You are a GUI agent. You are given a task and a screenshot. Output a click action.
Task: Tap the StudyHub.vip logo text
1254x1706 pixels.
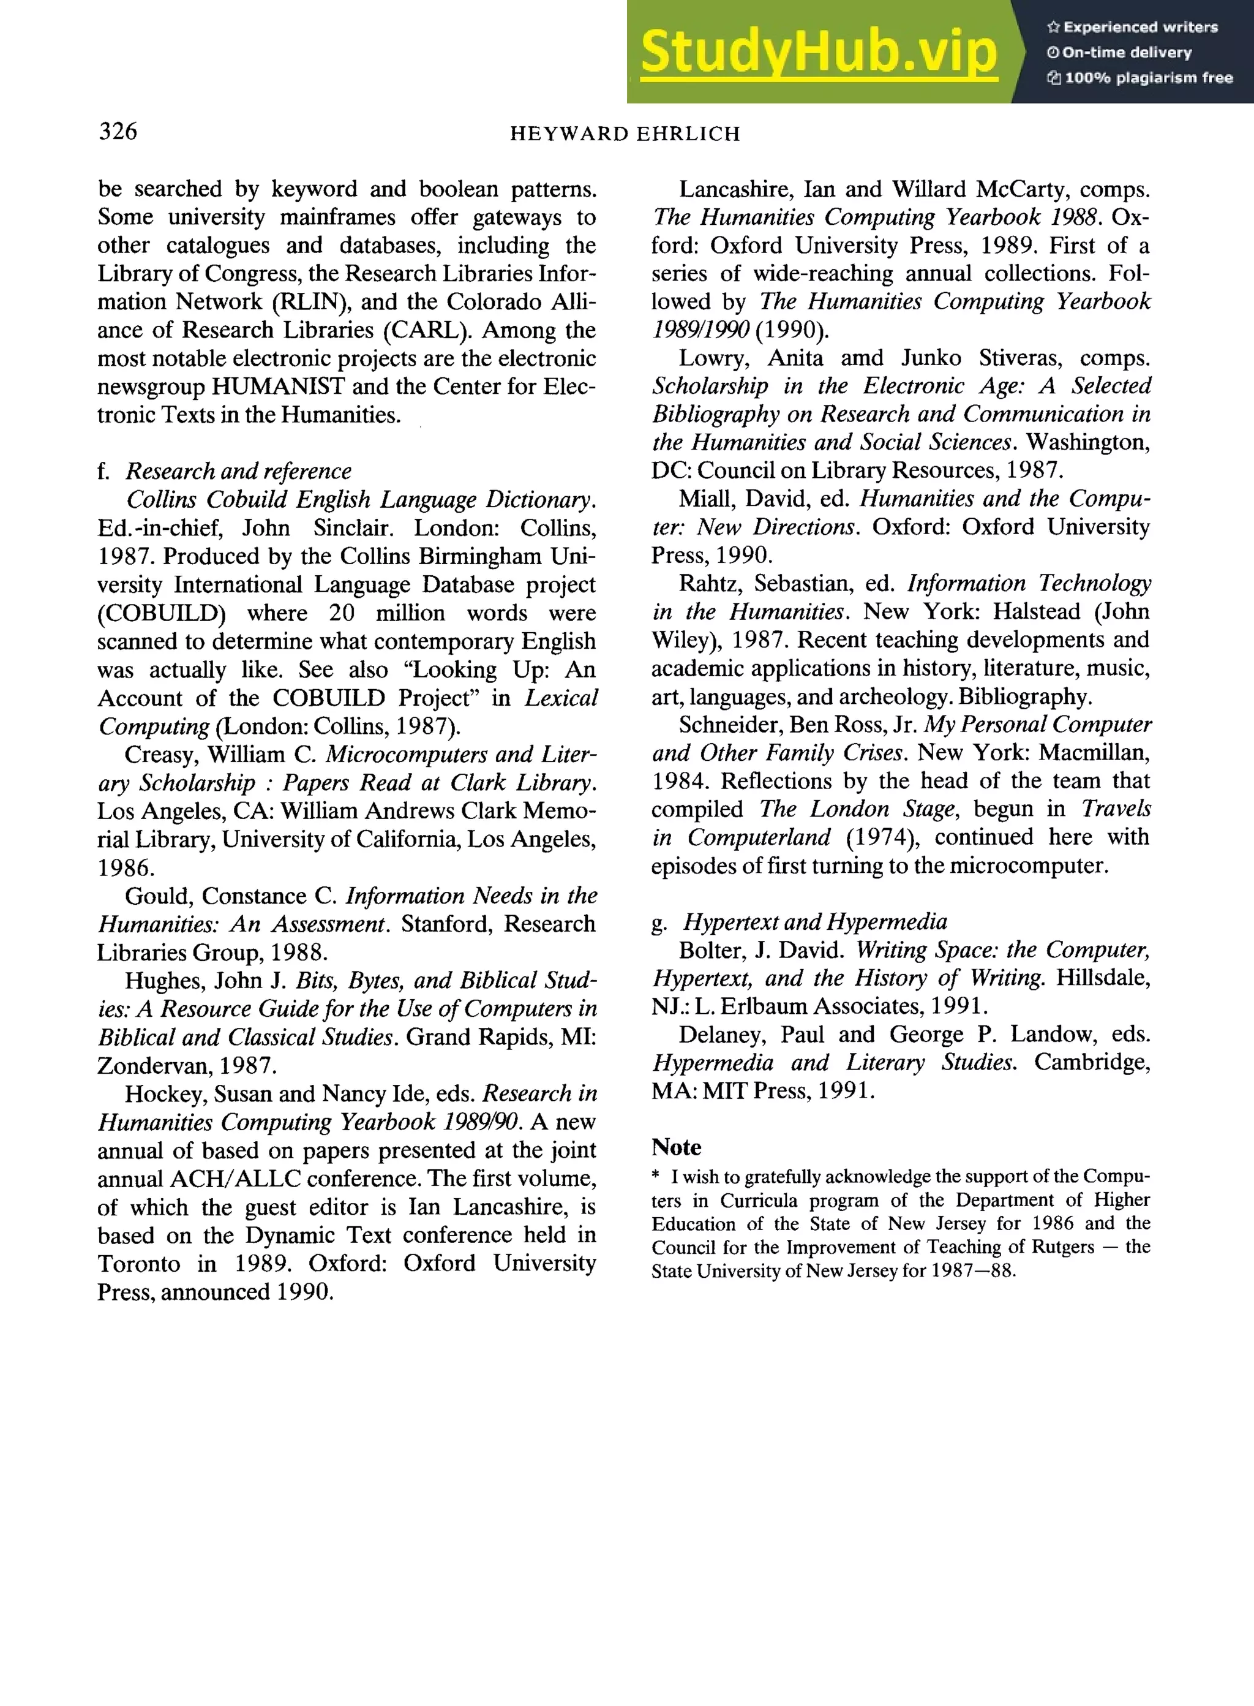coord(818,51)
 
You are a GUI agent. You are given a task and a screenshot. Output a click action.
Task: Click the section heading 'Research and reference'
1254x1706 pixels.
coord(238,472)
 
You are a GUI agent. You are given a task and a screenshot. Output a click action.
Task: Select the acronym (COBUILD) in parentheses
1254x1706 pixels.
coord(162,613)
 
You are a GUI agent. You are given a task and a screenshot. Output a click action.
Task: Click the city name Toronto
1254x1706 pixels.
coord(139,1264)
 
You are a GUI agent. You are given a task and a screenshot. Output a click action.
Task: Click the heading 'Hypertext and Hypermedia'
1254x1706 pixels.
coord(814,923)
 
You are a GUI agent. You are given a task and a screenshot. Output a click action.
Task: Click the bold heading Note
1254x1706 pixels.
coord(675,1147)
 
